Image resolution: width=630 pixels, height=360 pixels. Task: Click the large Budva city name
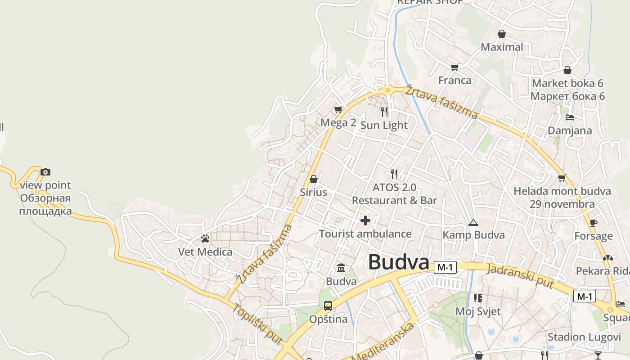point(399,263)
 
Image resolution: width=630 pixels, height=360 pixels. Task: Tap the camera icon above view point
point(45,172)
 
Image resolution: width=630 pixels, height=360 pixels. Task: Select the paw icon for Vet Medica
point(205,238)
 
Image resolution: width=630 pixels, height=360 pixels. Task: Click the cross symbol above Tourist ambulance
point(365,220)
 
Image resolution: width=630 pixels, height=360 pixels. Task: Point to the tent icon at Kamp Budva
point(473,222)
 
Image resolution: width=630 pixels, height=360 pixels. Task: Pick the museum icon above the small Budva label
point(341,268)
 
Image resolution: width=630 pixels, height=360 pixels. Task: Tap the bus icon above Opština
point(328,306)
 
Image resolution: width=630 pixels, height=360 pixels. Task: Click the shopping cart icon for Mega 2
point(338,109)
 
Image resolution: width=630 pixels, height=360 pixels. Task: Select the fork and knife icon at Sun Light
point(384,112)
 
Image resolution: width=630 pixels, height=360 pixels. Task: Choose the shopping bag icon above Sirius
point(314,179)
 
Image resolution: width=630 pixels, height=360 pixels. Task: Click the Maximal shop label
point(502,47)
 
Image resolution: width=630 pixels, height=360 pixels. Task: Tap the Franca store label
point(455,81)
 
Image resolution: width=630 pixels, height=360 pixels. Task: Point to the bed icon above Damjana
point(570,117)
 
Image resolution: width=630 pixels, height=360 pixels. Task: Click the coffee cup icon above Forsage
point(594,222)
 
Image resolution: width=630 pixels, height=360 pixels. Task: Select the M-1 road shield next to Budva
point(445,267)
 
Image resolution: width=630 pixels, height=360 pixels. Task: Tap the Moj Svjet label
point(478,311)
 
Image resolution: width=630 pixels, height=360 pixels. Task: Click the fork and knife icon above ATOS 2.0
point(394,174)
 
